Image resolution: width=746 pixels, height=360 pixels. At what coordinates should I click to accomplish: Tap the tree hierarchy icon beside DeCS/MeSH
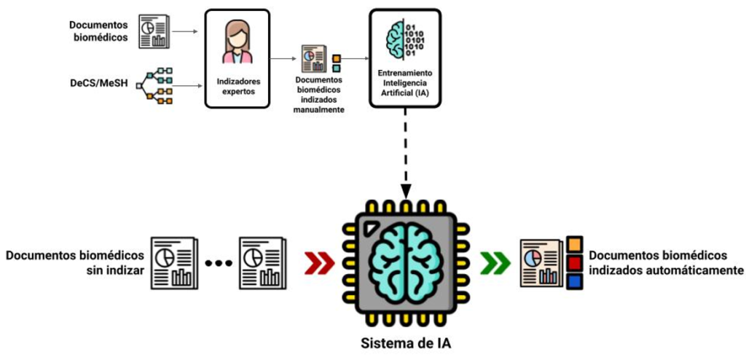tap(154, 86)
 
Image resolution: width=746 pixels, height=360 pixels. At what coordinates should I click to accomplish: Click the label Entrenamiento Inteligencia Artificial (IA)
tap(404, 83)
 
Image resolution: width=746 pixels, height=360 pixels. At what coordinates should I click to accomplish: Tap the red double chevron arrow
tap(318, 262)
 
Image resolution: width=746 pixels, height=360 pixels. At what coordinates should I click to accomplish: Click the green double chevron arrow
tap(495, 262)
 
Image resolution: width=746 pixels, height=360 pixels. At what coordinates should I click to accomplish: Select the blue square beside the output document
tap(575, 281)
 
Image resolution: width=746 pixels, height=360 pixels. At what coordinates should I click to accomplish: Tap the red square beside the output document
tap(575, 262)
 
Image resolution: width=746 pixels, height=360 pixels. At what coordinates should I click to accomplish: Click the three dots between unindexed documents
tap(219, 262)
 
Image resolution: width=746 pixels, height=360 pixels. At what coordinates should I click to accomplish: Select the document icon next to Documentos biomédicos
tap(154, 31)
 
